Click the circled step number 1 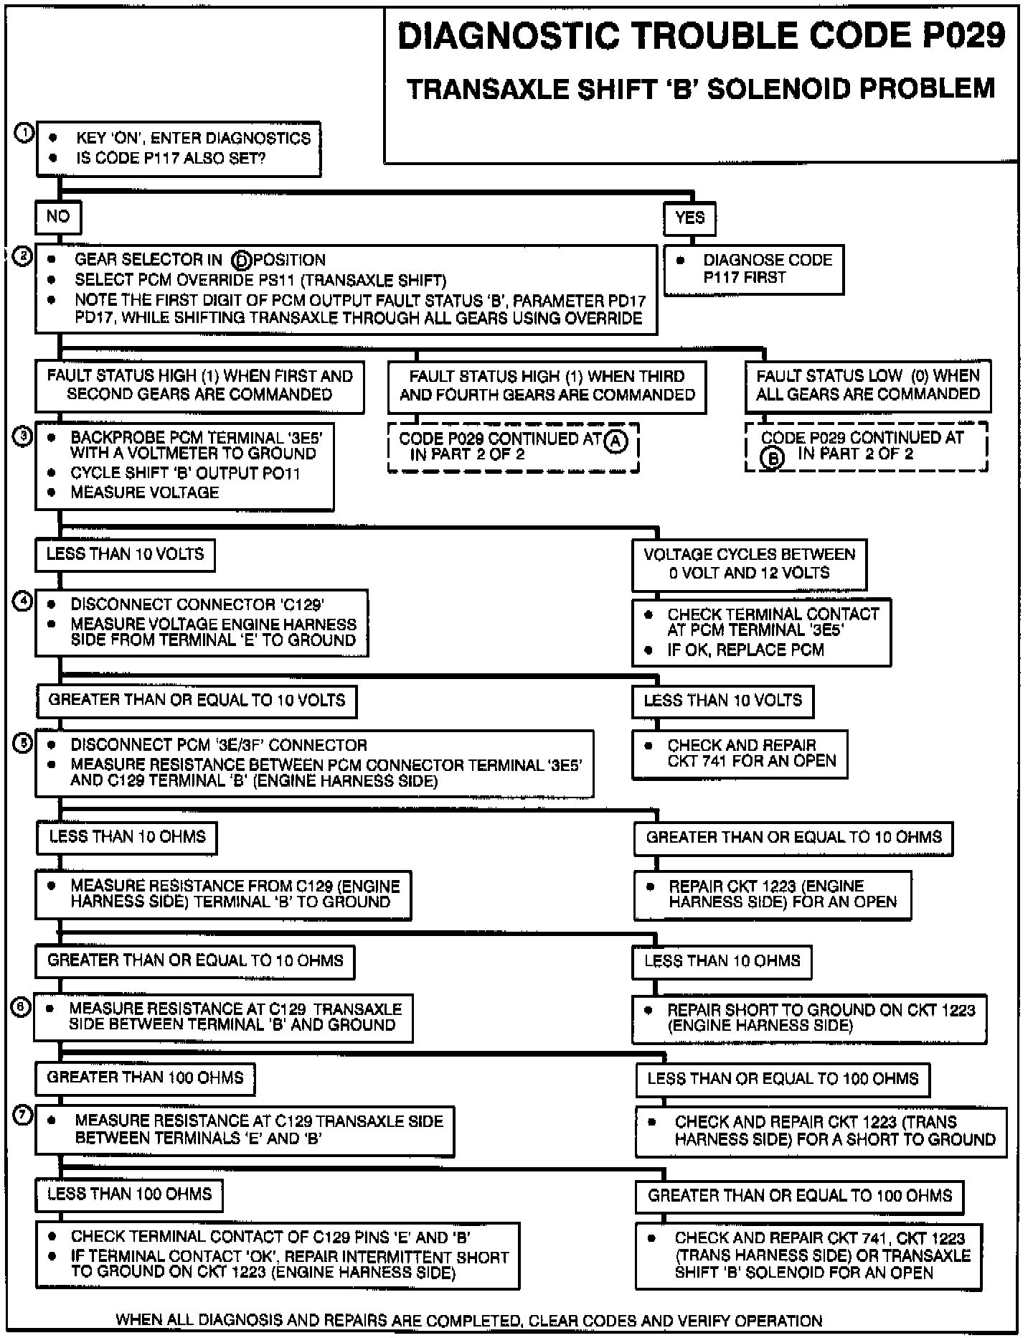click(24, 134)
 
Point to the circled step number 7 click(24, 1117)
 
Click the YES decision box click(689, 217)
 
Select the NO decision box click(58, 217)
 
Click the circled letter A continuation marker click(615, 441)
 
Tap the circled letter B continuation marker click(771, 457)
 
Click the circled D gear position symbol click(242, 261)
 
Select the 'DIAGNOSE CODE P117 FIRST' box click(753, 269)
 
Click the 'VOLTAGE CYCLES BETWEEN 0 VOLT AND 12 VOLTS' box click(749, 564)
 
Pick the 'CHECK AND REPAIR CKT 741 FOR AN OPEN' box click(739, 754)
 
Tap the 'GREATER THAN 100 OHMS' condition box click(146, 1078)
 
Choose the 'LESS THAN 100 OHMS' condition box click(130, 1194)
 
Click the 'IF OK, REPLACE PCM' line click(745, 650)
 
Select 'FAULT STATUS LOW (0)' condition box click(868, 385)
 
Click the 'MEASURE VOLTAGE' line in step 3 click(144, 492)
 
